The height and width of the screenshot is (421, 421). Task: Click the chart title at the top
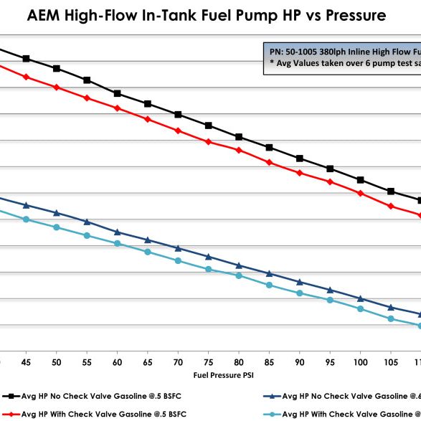point(210,15)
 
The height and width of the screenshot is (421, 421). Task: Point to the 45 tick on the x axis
point(26,362)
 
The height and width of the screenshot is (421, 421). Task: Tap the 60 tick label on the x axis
point(117,362)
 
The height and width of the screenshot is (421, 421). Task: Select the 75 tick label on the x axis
point(208,362)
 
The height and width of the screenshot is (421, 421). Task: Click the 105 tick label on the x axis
point(390,362)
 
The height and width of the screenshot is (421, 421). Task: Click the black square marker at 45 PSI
point(26,59)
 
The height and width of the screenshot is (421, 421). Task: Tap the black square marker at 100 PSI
point(360,180)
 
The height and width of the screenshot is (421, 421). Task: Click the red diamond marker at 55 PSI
point(87,98)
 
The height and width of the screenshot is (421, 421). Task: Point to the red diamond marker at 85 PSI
point(269,163)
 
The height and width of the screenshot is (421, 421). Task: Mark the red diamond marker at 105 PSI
point(391,207)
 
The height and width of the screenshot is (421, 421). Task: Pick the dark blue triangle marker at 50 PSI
point(57,213)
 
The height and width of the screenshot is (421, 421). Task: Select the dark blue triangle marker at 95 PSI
point(330,290)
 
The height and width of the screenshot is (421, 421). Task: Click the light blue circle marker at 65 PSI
point(148,252)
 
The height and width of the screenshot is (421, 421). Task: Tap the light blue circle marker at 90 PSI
point(300,293)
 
